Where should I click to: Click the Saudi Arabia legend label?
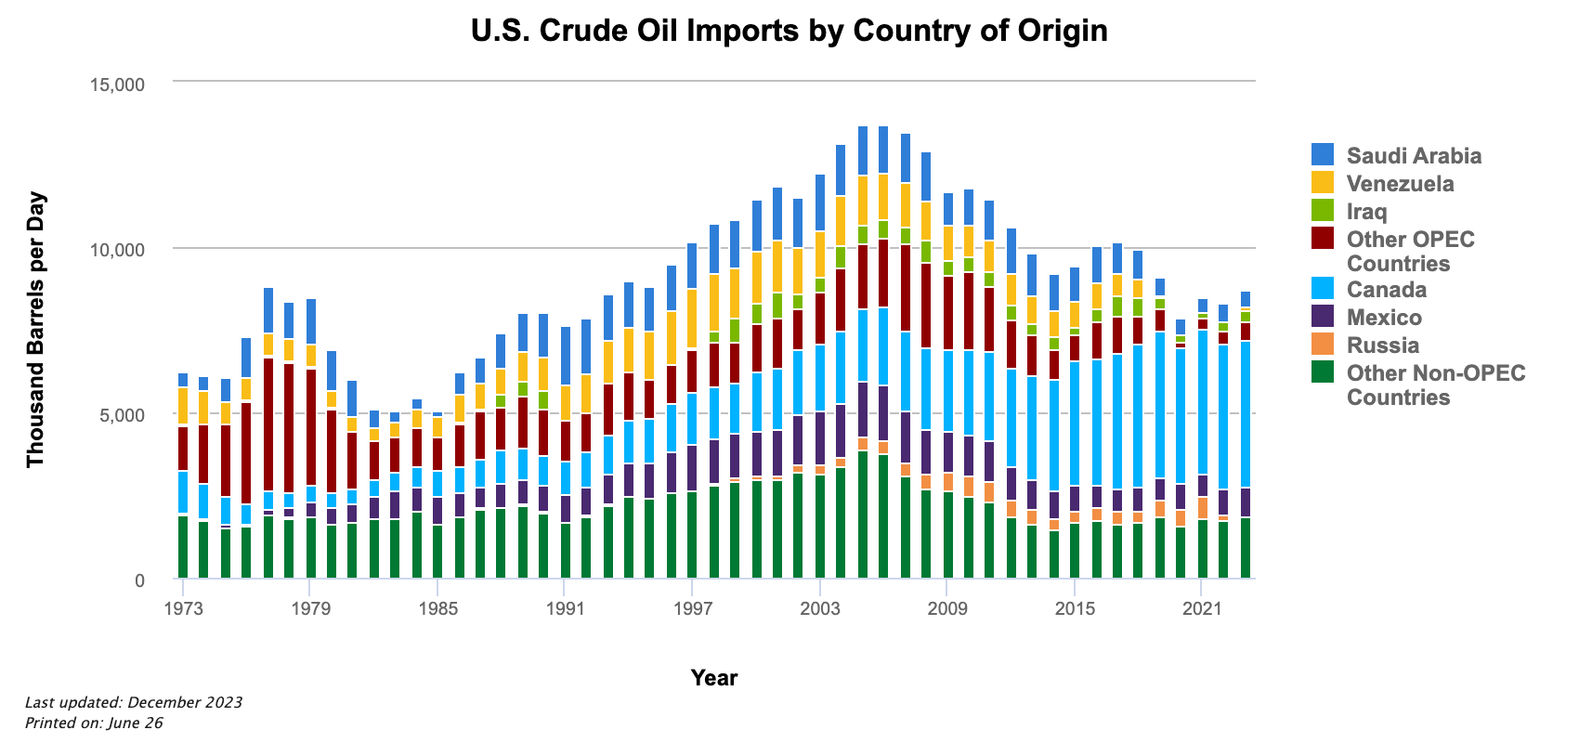point(1414,155)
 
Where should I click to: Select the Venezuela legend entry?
point(1400,184)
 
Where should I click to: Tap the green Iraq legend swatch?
point(1323,211)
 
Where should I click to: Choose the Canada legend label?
point(1386,290)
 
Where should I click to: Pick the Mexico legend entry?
point(1384,318)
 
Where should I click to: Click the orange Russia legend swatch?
point(1323,345)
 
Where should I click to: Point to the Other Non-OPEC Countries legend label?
point(1436,385)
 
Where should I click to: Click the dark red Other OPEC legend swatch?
point(1323,239)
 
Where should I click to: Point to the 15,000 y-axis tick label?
point(117,85)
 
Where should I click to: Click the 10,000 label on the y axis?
point(117,250)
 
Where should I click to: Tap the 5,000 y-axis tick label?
point(122,415)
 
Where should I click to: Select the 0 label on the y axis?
point(139,581)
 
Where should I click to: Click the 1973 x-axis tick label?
point(183,609)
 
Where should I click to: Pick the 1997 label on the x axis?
point(692,609)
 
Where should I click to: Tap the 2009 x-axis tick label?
point(946,609)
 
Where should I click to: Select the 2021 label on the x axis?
point(1201,609)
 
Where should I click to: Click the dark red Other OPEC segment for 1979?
point(310,427)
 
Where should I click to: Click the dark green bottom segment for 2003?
point(819,526)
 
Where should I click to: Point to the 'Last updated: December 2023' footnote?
point(134,702)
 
